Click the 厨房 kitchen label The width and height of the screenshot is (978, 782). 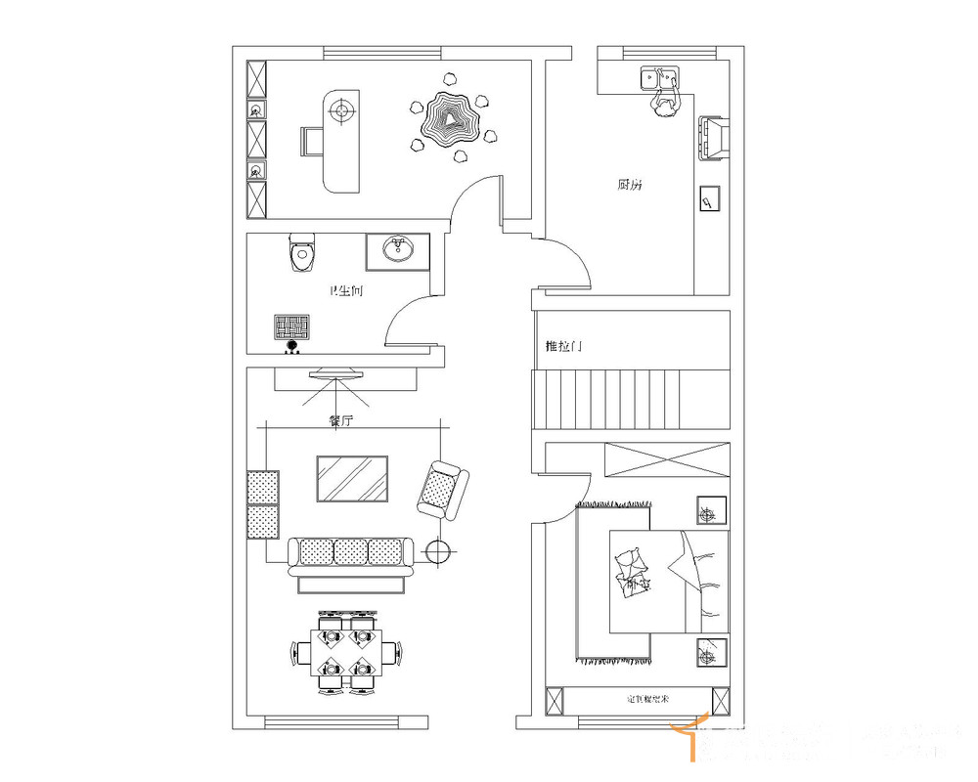coord(630,184)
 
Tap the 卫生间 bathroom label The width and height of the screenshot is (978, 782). coord(346,290)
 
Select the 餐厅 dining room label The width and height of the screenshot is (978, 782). coord(339,421)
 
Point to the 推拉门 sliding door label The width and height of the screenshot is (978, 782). coord(564,347)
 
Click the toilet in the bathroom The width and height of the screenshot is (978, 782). coord(303,255)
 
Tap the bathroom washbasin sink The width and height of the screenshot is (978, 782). coord(397,250)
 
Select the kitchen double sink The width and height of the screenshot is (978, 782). coord(659,77)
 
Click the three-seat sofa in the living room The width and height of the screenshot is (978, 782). coord(352,554)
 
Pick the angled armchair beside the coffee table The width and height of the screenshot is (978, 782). coord(442,490)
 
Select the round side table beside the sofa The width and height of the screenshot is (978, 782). coord(438,552)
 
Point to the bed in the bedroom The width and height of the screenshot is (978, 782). coord(668,582)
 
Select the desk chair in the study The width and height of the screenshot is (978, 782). coord(312,142)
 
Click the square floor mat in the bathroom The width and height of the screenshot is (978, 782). coord(292,326)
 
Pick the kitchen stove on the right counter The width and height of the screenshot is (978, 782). coord(712,137)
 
